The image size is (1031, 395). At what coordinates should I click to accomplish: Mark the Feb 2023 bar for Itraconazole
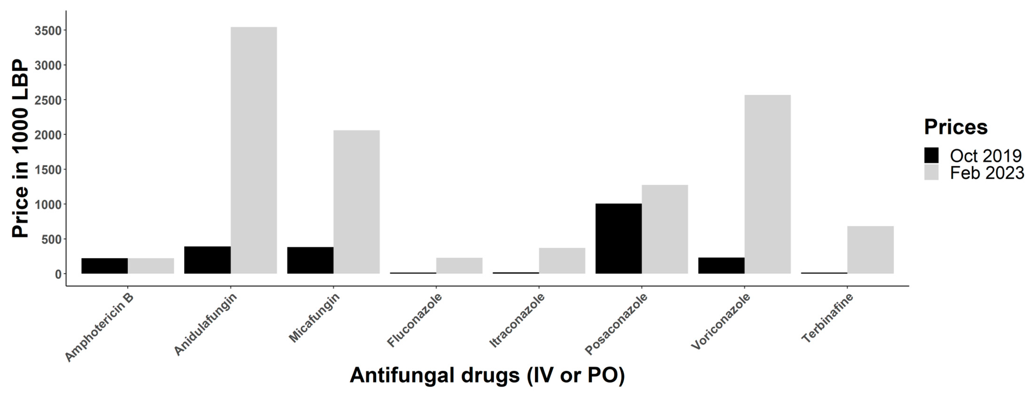click(562, 261)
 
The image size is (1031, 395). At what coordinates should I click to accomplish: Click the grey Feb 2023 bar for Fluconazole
click(459, 266)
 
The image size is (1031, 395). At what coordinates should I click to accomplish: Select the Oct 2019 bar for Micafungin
click(310, 260)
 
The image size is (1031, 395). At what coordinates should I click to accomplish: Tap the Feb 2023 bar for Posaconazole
click(664, 229)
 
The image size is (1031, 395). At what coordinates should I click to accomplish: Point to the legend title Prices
click(956, 127)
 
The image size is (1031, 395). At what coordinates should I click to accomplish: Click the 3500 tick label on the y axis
click(48, 31)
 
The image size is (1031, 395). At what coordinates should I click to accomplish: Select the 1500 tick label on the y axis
click(48, 170)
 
